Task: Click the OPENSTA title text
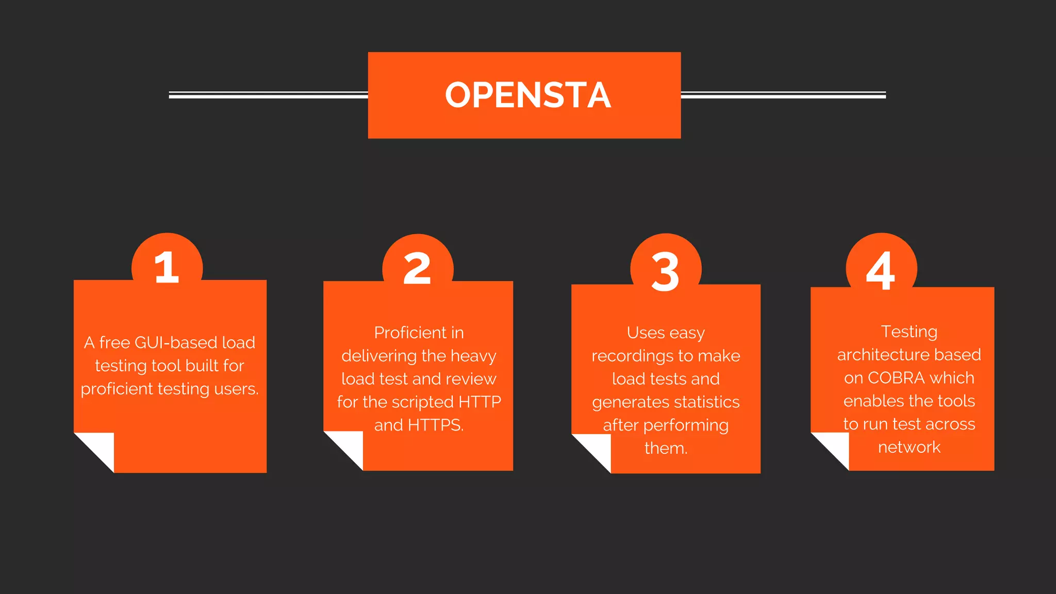(528, 95)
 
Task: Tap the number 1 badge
(167, 267)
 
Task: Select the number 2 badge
(417, 269)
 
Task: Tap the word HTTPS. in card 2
(436, 425)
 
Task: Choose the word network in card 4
(909, 447)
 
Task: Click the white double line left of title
(268, 95)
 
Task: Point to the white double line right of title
(783, 95)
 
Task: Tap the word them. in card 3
(666, 448)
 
